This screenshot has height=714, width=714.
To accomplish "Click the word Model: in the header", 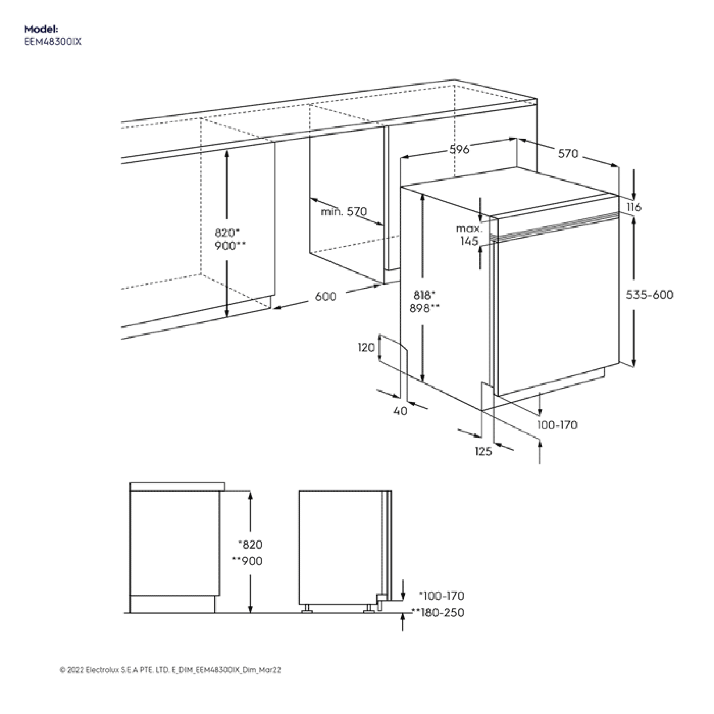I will (41, 29).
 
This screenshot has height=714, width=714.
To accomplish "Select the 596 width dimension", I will (459, 149).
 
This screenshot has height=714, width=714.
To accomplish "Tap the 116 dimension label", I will (634, 207).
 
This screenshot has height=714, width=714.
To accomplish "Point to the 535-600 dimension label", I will (649, 295).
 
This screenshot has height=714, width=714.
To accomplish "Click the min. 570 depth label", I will (344, 212).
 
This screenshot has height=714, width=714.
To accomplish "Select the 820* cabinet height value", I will (227, 232).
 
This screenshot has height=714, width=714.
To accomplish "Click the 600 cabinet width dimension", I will (325, 296).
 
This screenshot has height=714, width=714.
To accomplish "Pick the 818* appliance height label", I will (424, 295).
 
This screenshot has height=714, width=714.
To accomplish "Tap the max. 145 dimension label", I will (469, 235).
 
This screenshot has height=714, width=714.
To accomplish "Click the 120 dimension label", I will (366, 347).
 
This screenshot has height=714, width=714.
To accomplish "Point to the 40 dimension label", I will (400, 411).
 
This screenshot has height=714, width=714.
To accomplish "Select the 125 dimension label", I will (483, 451).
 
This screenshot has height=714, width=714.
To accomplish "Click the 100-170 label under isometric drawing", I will (557, 425).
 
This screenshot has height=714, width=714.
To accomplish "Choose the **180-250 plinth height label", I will (437, 612).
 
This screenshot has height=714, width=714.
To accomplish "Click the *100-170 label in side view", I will (441, 596).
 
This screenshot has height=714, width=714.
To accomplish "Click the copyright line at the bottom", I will (170, 670).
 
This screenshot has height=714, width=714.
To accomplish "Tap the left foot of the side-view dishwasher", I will (307, 609).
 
